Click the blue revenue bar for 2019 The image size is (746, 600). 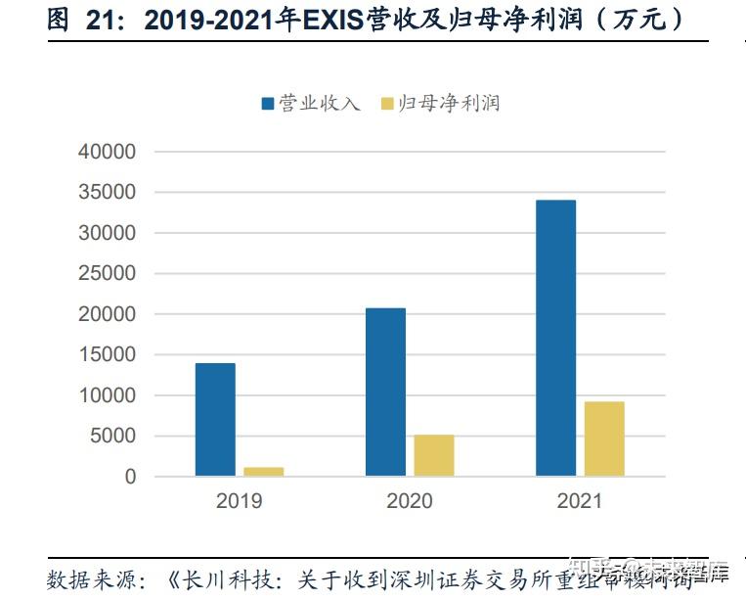point(215,420)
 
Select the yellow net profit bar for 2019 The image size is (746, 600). point(264,472)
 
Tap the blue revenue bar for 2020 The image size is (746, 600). point(385,392)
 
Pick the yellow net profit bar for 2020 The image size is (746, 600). point(434,455)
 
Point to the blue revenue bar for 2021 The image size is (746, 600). point(555,338)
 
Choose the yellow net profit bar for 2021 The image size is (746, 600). point(604,438)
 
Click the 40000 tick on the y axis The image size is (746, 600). point(108,153)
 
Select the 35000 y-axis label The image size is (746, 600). point(108,193)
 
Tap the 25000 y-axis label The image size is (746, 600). point(108,274)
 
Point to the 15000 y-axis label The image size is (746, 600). point(108,355)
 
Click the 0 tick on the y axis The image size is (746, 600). point(130,477)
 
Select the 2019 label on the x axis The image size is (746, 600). point(240,502)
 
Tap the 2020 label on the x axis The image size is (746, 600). point(410,502)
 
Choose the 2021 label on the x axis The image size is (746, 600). point(580,502)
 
